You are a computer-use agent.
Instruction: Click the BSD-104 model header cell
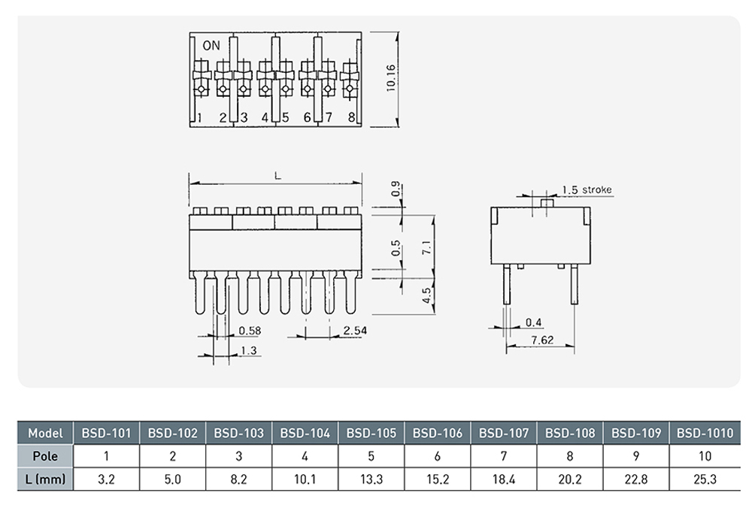click(305, 433)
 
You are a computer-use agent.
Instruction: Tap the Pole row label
click(45, 456)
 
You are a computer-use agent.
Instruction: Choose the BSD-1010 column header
click(704, 433)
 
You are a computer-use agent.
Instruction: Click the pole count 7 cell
click(504, 456)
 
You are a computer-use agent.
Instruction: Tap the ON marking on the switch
click(211, 46)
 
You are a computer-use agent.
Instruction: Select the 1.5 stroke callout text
click(587, 189)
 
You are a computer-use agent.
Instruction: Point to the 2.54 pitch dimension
click(354, 330)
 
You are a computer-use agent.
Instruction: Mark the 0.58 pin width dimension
click(250, 330)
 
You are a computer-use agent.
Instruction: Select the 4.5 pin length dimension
click(426, 295)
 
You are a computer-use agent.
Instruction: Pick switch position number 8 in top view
click(351, 117)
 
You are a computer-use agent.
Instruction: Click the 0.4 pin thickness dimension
click(534, 322)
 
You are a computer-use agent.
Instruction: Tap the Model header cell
click(45, 433)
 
